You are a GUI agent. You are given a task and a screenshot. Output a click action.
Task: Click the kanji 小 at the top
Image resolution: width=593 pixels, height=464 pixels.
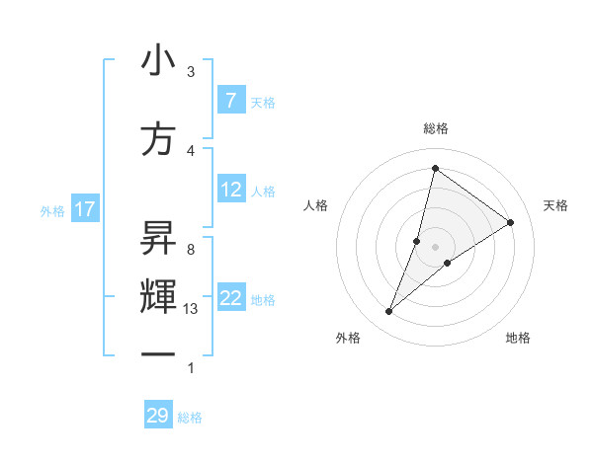tap(158, 61)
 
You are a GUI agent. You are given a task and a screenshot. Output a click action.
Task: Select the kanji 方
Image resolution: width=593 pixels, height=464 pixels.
tap(158, 139)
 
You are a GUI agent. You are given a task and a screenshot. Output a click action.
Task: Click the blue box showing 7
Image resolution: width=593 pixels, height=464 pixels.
tap(230, 101)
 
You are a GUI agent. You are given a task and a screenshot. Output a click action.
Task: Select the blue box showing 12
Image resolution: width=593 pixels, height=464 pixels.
tap(231, 190)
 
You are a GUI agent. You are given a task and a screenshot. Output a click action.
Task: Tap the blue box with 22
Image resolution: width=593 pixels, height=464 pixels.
tap(231, 298)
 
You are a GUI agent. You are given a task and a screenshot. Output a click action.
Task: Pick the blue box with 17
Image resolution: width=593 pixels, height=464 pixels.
tap(84, 209)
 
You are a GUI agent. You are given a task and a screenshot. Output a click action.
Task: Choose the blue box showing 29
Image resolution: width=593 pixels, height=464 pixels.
tap(157, 416)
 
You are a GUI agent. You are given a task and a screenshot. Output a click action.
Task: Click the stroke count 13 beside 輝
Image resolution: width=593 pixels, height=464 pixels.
tap(191, 309)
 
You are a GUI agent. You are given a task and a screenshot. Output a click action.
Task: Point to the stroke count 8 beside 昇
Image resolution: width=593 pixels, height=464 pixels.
tap(191, 250)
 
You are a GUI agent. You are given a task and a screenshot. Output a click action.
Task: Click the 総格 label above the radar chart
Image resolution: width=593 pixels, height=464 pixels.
tap(435, 128)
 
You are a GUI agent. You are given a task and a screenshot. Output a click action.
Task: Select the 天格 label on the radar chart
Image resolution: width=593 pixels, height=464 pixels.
tap(555, 205)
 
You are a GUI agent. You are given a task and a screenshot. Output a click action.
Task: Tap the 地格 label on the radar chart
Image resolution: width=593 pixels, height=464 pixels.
tap(518, 338)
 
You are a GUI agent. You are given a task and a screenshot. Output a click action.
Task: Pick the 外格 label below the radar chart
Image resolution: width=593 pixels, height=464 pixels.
tap(348, 338)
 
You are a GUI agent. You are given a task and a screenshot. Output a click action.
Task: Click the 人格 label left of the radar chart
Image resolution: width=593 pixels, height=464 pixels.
tap(315, 205)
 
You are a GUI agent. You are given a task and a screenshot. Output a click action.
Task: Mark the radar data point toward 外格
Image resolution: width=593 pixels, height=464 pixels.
tap(389, 312)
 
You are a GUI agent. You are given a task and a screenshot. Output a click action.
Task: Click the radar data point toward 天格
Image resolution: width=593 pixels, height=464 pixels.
tap(511, 222)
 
